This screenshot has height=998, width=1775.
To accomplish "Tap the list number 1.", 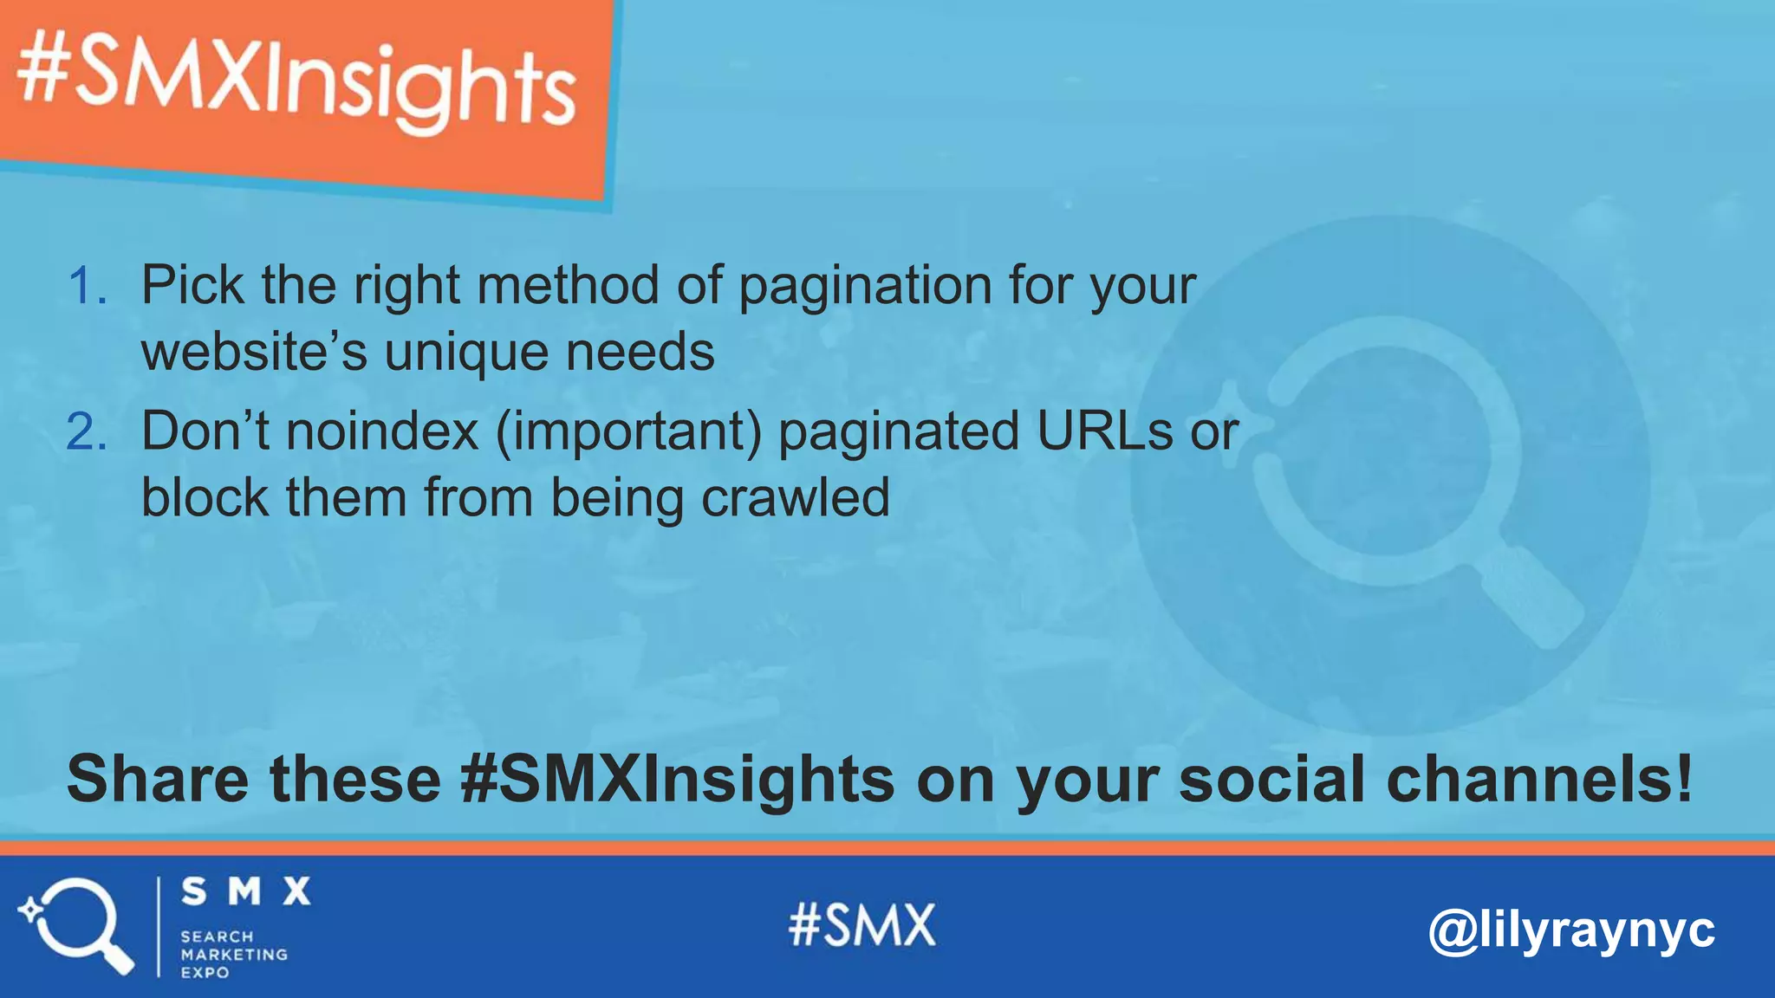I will (x=87, y=286).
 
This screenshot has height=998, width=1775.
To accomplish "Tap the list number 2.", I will (x=87, y=431).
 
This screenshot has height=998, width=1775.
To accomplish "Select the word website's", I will (x=254, y=352).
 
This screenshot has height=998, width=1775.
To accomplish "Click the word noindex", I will (x=382, y=431).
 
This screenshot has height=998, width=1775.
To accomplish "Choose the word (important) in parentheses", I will (x=628, y=433).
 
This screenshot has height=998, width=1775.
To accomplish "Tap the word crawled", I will (x=795, y=498).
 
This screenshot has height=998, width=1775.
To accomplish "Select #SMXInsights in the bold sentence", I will (x=677, y=778).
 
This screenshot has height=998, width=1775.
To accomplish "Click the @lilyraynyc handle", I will (x=1570, y=931).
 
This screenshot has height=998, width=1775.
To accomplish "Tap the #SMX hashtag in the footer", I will (x=862, y=925).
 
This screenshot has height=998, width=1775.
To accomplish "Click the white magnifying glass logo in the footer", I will (x=78, y=923).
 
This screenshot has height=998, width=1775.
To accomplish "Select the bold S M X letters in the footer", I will (x=246, y=891).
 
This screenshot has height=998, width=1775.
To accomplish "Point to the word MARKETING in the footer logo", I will (x=234, y=955).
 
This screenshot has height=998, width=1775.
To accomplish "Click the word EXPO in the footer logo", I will (x=205, y=973).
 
